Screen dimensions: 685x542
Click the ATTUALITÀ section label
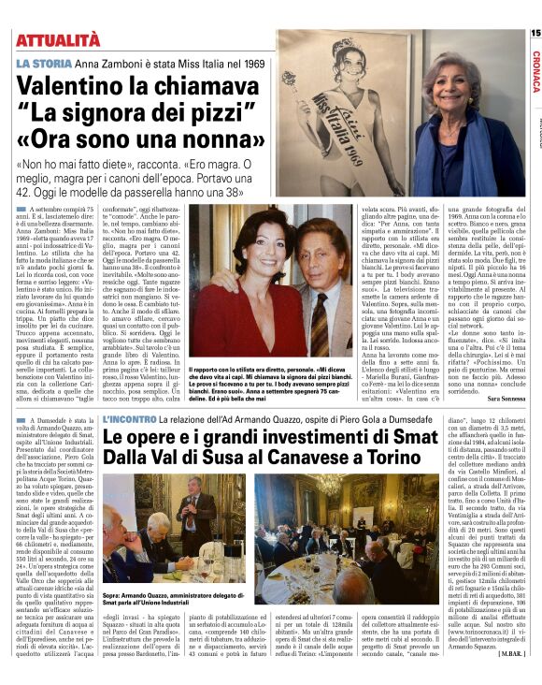[58, 39]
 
